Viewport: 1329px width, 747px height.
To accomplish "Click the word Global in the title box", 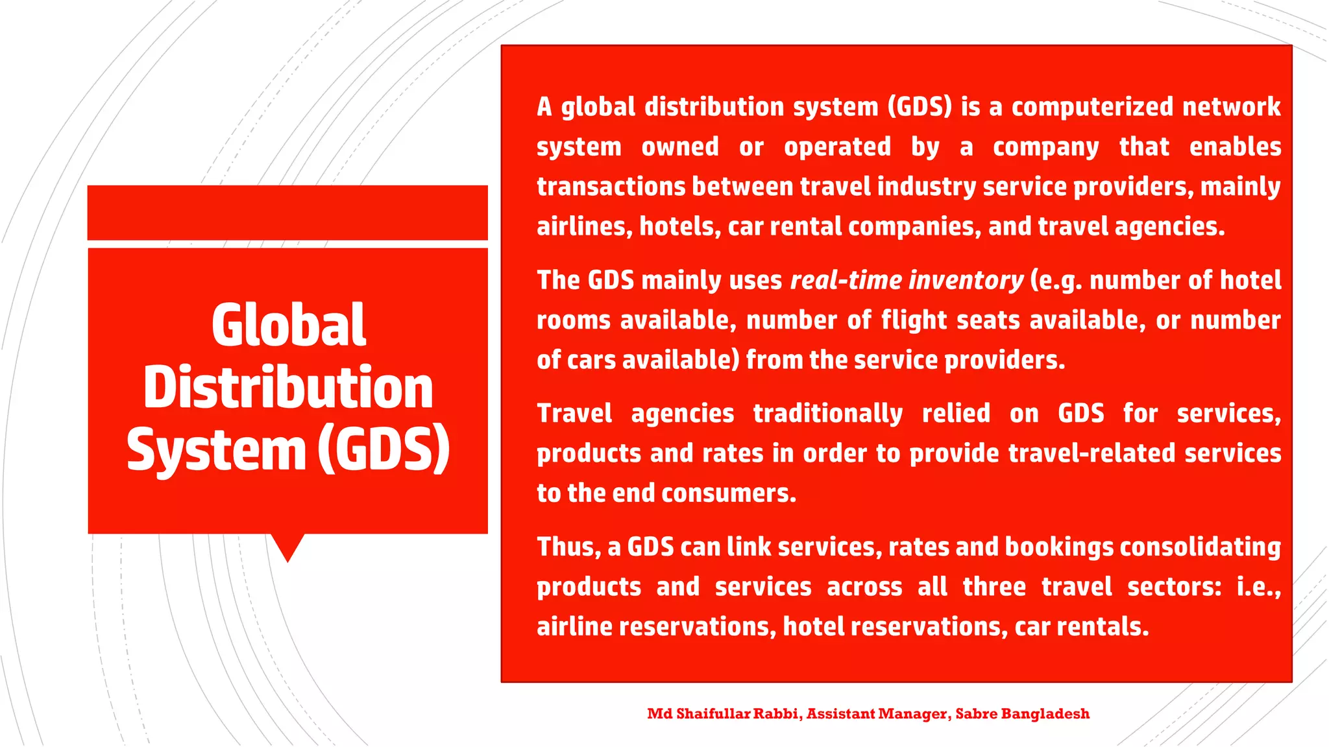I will tap(289, 325).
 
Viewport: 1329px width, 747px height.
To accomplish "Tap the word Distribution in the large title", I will tap(288, 387).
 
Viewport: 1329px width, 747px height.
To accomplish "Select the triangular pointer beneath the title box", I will tap(287, 547).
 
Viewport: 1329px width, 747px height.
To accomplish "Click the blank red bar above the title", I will tap(287, 213).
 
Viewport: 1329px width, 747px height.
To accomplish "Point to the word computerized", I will tap(1092, 107).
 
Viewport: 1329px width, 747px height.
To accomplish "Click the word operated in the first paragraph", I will tap(837, 147).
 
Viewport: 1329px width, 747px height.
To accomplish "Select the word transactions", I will tap(611, 187).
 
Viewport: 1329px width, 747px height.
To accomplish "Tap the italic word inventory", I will tap(966, 280).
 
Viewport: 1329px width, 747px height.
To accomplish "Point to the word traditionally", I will tap(827, 414).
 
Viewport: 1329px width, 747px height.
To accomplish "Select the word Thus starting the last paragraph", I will tap(559, 547).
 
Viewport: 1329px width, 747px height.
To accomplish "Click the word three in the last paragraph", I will tap(994, 587).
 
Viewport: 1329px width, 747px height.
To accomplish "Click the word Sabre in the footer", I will tap(976, 714).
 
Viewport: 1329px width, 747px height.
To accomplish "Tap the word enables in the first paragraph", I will tap(1235, 147).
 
